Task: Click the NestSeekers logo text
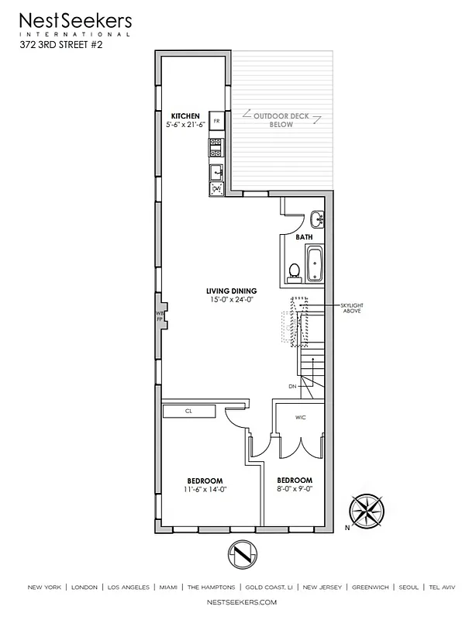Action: coord(75,21)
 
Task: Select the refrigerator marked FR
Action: coord(216,122)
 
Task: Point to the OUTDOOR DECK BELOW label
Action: coord(281,119)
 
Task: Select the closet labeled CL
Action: coord(188,412)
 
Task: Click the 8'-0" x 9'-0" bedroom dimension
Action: coord(295,489)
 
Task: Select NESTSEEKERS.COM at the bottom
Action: coord(238,601)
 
